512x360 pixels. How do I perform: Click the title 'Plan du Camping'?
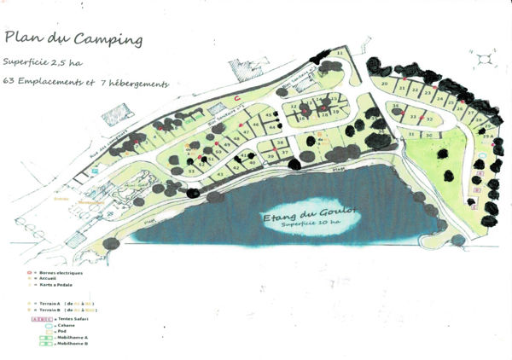click(73, 39)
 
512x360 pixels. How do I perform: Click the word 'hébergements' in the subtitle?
click(141, 84)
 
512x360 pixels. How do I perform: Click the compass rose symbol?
click(485, 58)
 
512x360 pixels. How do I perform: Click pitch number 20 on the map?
click(385, 84)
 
